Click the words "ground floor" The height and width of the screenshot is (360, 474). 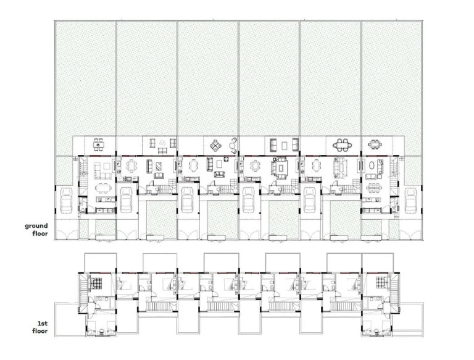[36, 230]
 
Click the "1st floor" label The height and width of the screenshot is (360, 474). [40, 327]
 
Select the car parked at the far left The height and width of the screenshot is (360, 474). [66, 200]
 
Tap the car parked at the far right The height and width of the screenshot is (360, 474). [410, 200]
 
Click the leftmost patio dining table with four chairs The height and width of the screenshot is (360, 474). [98, 144]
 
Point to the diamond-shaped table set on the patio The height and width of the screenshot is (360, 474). [215, 146]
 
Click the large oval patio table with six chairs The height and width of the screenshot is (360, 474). [343, 145]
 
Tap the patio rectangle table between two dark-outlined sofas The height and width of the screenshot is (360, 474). [284, 146]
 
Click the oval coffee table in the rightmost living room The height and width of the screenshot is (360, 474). [372, 166]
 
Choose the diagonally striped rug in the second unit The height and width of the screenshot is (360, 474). [159, 166]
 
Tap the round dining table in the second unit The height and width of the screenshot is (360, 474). [131, 166]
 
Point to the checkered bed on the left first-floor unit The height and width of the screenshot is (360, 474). [96, 283]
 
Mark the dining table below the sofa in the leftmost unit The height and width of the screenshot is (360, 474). [103, 188]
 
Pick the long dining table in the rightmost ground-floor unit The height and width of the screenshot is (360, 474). [375, 188]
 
